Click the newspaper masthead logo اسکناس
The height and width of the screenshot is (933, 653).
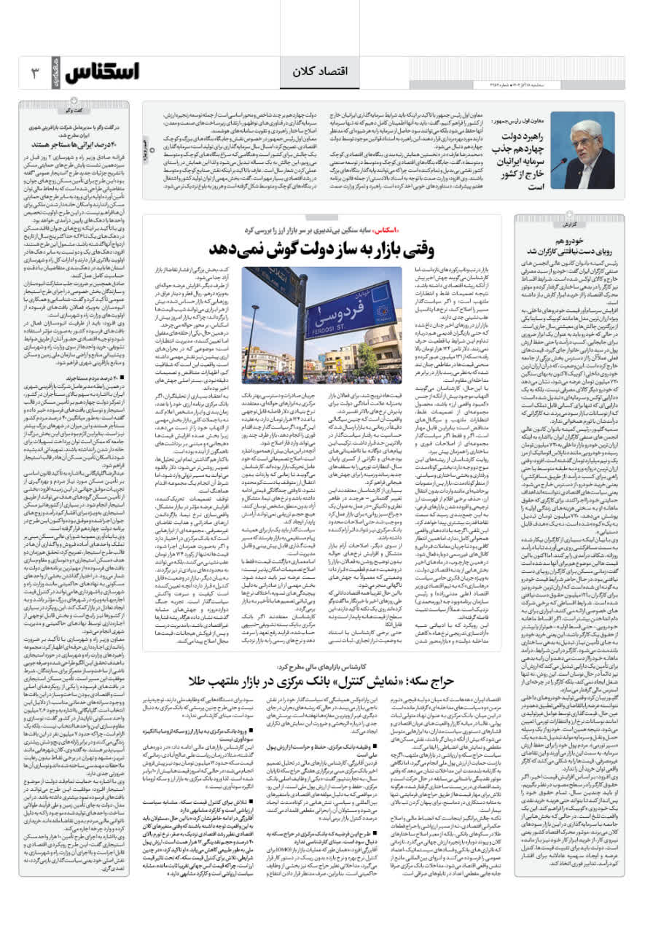pos(102,72)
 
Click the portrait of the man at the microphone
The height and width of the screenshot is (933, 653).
pos(582,150)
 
